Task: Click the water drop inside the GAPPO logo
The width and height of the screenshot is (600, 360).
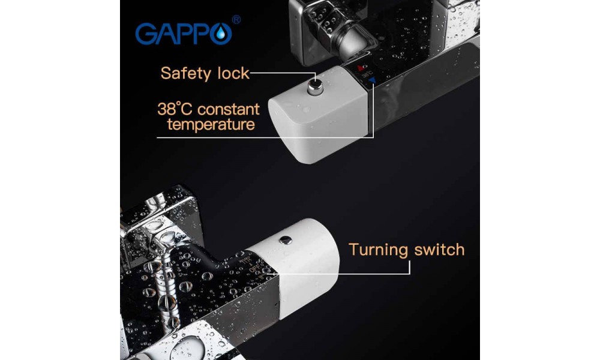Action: point(221,34)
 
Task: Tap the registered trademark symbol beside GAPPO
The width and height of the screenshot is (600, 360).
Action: point(236,20)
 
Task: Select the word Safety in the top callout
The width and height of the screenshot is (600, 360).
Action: point(185,73)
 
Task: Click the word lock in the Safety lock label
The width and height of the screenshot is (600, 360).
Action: point(233,73)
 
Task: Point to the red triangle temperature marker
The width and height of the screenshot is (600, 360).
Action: point(361,68)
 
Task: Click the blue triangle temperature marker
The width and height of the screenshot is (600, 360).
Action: point(372,80)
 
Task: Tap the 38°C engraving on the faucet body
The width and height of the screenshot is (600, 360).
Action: point(367,74)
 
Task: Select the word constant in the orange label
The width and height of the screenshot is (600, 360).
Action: point(229,110)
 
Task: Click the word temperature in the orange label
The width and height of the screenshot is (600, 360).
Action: point(211,125)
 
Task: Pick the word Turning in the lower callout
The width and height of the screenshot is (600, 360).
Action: point(379,250)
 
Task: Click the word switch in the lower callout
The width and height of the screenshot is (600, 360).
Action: point(440,250)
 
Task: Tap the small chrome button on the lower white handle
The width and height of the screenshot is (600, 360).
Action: point(286,240)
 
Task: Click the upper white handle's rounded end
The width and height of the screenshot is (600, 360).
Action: point(285,131)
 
